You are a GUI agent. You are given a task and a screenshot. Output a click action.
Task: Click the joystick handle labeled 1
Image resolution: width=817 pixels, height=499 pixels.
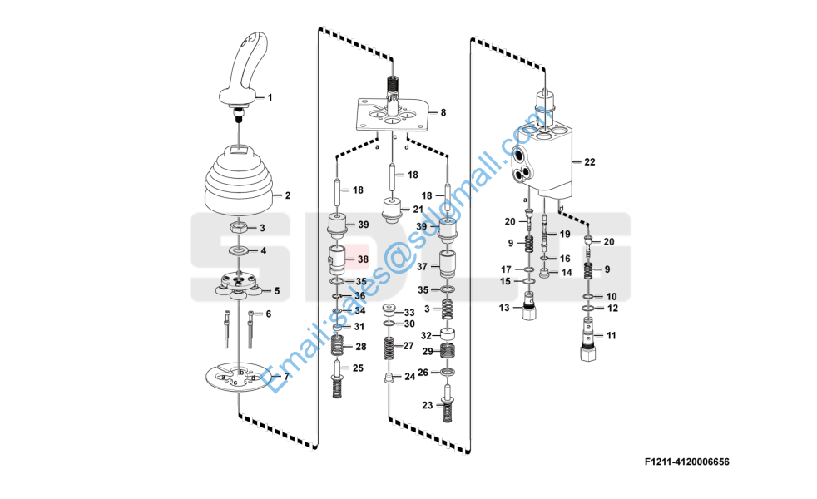coord(243,73)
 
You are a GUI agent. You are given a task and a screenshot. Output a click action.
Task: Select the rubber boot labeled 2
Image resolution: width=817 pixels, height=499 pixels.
coord(239,180)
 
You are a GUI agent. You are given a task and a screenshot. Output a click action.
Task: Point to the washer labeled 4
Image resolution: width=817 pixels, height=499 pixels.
coord(239,251)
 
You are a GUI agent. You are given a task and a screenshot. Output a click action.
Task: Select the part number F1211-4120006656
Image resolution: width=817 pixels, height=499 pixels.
coord(686,462)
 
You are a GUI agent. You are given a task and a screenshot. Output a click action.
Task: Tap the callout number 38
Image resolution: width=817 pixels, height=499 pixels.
coord(363,259)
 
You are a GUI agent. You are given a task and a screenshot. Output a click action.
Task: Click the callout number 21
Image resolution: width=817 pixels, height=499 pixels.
coord(418,210)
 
